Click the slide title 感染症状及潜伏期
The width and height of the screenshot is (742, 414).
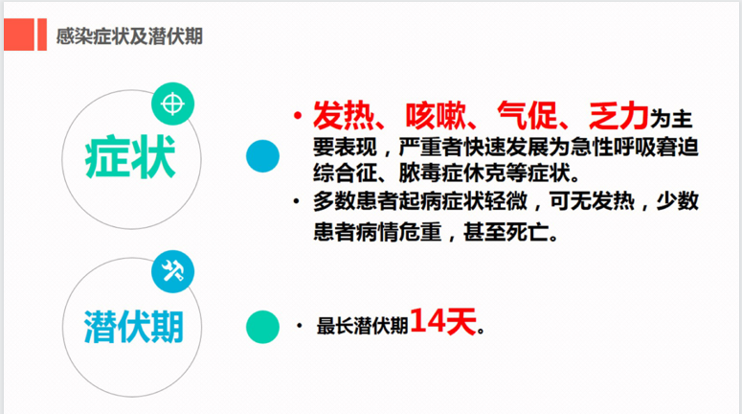129,36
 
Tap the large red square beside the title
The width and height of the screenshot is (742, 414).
19,34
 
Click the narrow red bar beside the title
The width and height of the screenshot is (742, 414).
42,34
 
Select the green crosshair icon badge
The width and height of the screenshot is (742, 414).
172,103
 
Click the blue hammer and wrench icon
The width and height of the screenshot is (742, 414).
172,271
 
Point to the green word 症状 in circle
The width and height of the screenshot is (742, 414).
130,157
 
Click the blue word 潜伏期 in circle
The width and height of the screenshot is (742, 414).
133,327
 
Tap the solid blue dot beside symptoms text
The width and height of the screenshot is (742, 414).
262,156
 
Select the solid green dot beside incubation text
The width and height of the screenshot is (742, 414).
262,327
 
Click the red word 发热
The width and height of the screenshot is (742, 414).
344,116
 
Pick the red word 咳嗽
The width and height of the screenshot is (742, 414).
436,116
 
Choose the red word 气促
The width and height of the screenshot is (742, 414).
528,116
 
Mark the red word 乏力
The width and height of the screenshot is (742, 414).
618,116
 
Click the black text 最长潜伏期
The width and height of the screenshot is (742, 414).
362,326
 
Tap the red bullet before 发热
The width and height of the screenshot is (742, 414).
298,115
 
